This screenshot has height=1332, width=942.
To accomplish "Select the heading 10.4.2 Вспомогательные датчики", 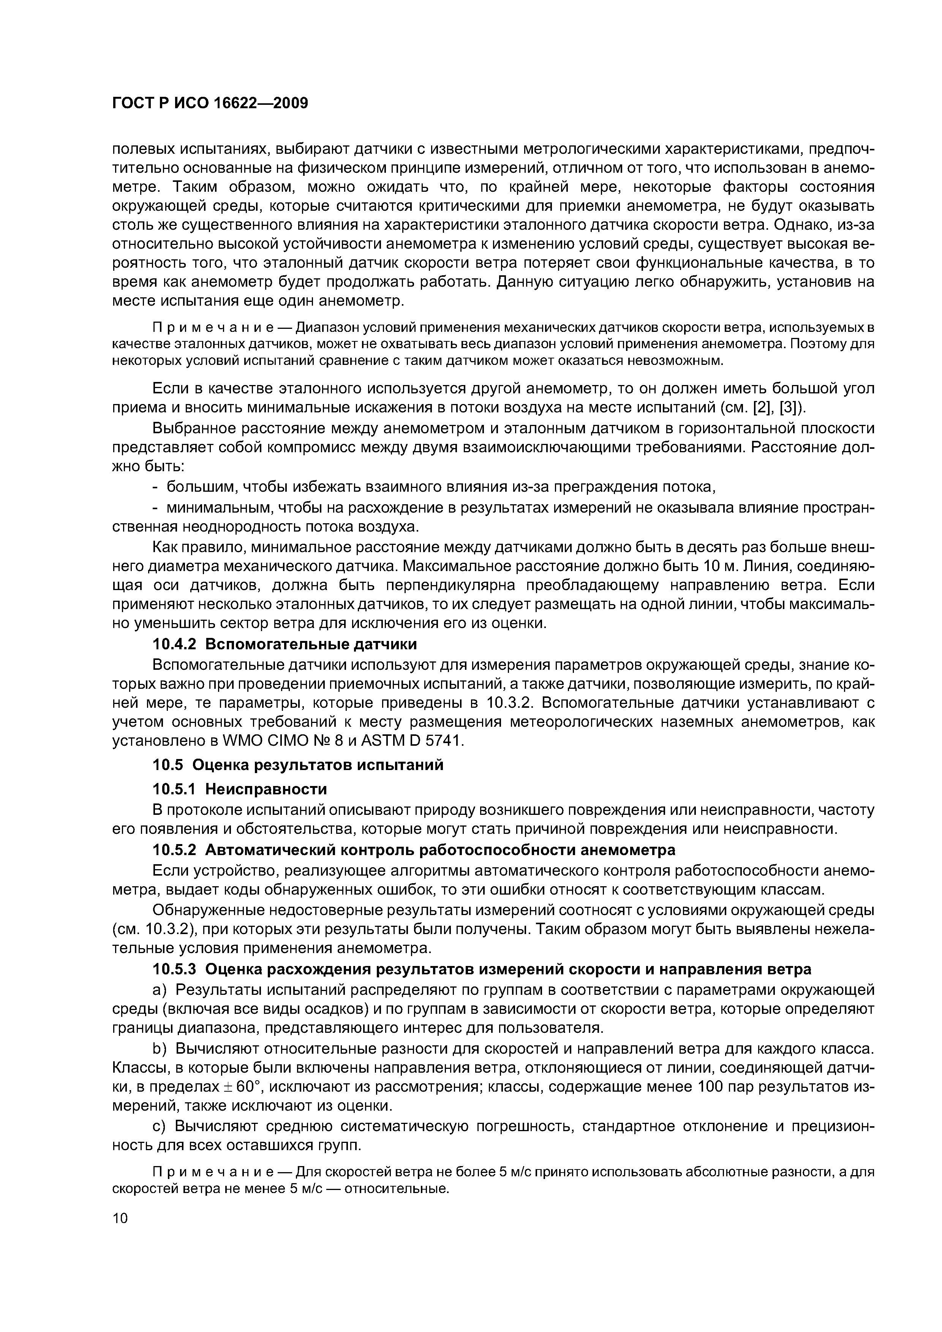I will click(284, 644).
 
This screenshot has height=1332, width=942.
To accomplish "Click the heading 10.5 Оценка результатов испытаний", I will click(298, 765).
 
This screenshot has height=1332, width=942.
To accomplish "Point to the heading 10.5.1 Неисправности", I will click(240, 789).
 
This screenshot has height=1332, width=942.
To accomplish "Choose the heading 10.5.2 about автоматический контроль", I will click(414, 850).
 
